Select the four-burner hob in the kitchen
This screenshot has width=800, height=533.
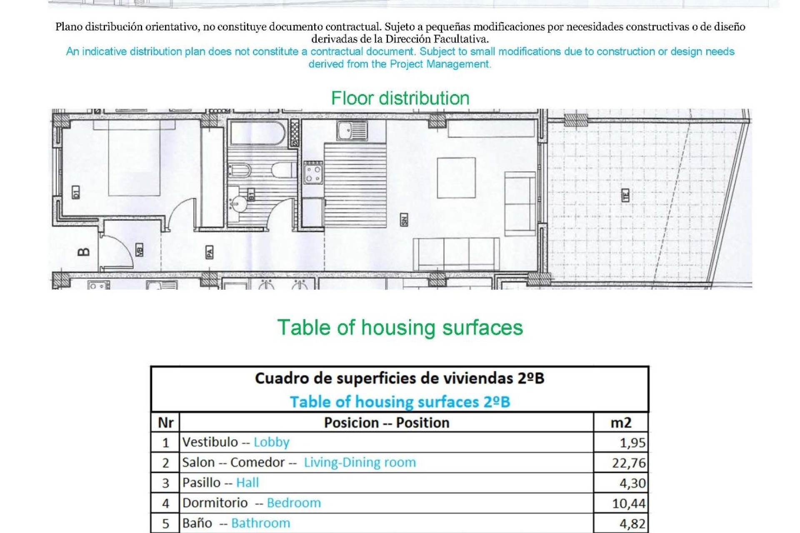click(x=313, y=173)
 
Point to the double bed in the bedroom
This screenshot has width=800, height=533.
click(x=134, y=158)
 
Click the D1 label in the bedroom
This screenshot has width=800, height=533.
click(x=75, y=192)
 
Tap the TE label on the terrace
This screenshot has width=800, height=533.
click(x=625, y=195)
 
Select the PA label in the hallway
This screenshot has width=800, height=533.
click(x=210, y=252)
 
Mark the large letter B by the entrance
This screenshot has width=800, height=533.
click(x=84, y=252)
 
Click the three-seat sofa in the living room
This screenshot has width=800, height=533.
click(x=456, y=254)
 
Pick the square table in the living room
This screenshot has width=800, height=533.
click(x=456, y=178)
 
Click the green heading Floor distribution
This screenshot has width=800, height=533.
click(x=400, y=99)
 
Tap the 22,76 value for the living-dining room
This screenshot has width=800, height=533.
click(x=629, y=463)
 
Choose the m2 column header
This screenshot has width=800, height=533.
click(x=621, y=423)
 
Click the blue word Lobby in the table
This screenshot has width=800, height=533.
click(x=271, y=442)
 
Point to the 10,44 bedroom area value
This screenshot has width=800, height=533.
click(x=629, y=503)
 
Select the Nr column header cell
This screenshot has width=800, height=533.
click(x=165, y=423)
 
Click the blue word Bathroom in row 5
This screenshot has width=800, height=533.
click(x=260, y=523)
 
